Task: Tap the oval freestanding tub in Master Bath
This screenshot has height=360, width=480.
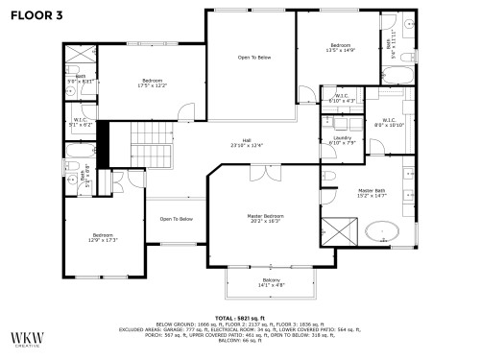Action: pos(383,231)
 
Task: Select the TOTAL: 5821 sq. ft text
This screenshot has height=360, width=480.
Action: pos(248,317)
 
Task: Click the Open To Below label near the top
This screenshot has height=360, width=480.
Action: pos(254,58)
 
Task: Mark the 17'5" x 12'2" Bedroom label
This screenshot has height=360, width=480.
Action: pos(153,82)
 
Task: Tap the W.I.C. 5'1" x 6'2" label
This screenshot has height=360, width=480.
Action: pos(81,122)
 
